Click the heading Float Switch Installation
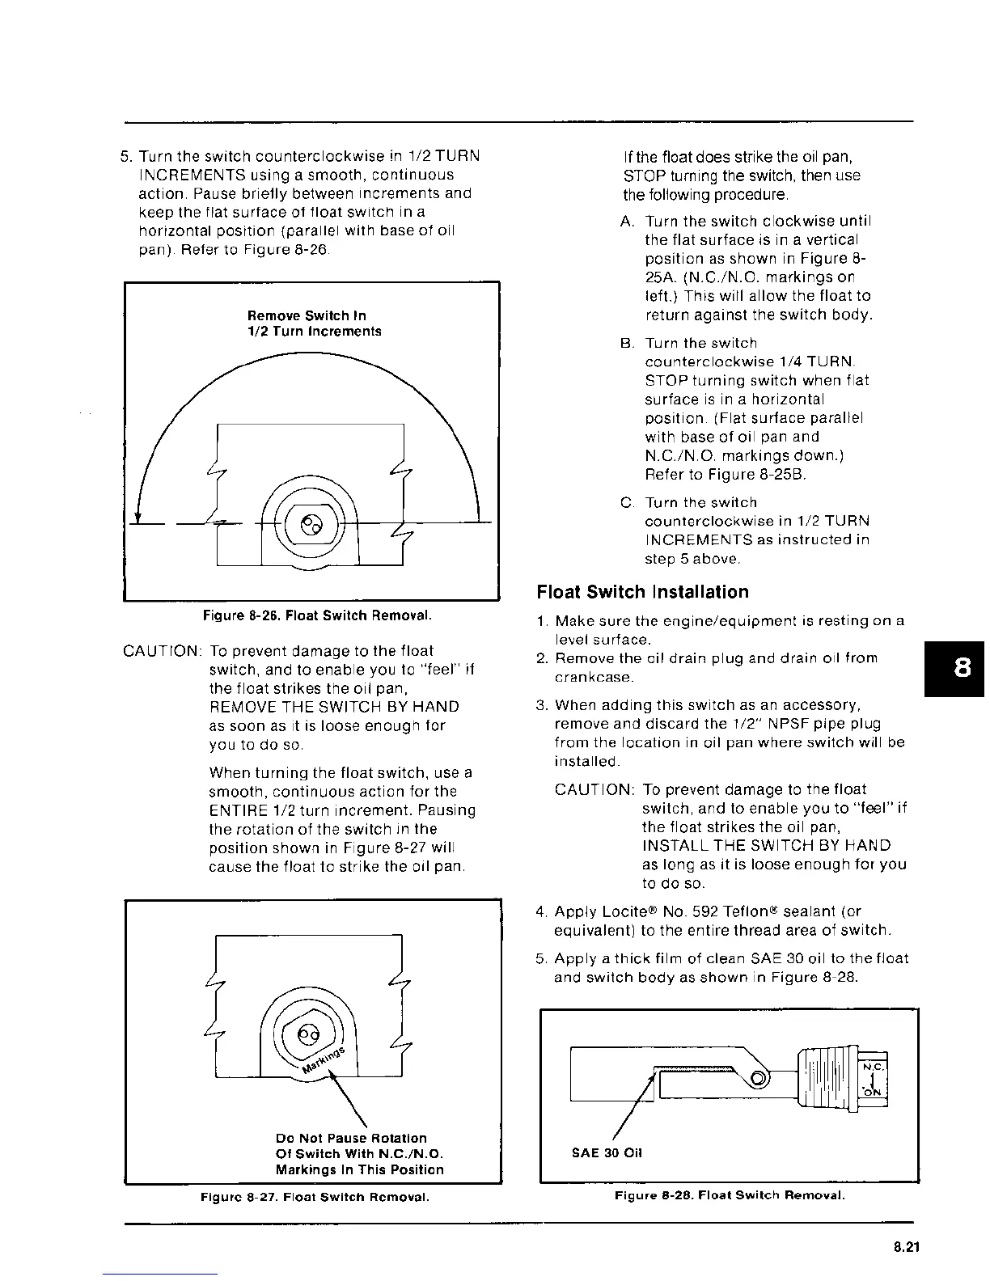tap(643, 593)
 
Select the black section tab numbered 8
tap(962, 669)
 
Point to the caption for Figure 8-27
tap(314, 1196)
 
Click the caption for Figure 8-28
tap(730, 1195)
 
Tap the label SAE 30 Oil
tap(607, 1153)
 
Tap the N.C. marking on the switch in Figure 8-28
tap(873, 1068)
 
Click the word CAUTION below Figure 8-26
tap(161, 651)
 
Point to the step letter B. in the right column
tap(627, 344)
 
